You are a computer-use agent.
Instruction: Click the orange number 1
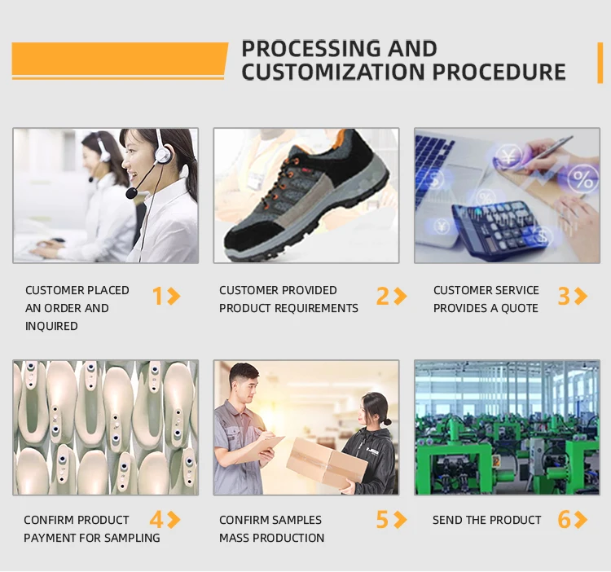[157, 296]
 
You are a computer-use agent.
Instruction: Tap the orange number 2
[383, 296]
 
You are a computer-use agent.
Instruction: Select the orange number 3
[564, 296]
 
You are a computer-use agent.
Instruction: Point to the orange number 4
[156, 519]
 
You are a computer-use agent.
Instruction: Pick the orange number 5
[382, 519]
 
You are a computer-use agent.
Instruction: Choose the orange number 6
[564, 519]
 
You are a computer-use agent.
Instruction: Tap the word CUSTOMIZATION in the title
[333, 72]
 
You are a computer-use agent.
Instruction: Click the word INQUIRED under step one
[51, 326]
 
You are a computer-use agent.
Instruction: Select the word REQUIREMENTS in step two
[316, 308]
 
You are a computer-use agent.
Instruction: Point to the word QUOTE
[520, 308]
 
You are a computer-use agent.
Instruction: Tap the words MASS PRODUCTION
[271, 538]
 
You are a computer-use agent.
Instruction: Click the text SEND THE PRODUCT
[486, 520]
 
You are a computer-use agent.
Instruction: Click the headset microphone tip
[131, 193]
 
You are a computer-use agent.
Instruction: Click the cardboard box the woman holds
[327, 462]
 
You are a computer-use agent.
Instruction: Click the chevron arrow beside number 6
[581, 519]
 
